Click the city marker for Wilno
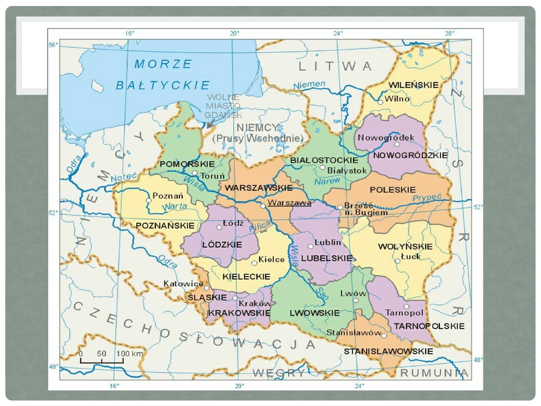(x=381, y=102)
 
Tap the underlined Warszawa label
(x=289, y=203)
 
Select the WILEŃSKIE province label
(x=414, y=85)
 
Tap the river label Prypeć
(x=427, y=198)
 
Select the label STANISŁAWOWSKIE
(x=388, y=351)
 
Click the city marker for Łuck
(x=397, y=261)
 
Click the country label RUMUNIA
(x=434, y=373)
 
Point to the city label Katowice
(x=183, y=284)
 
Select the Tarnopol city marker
(x=406, y=306)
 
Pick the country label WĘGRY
(x=279, y=373)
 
